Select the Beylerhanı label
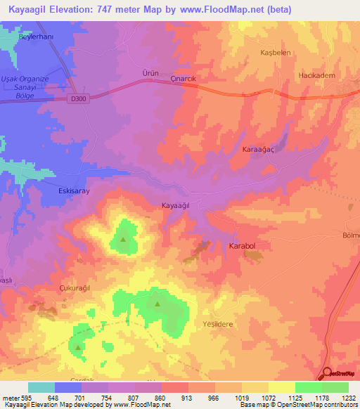tap(36, 35)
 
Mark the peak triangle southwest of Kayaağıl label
tap(124, 239)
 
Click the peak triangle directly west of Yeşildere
tap(157, 304)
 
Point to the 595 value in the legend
tap(26, 398)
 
